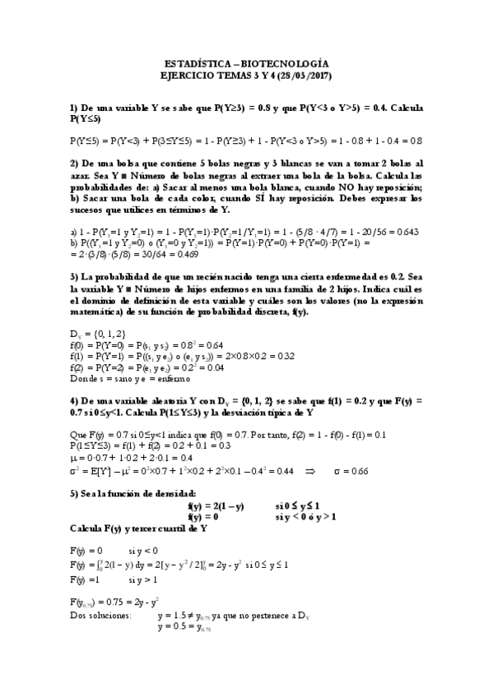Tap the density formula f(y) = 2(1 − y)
pos(216,506)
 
